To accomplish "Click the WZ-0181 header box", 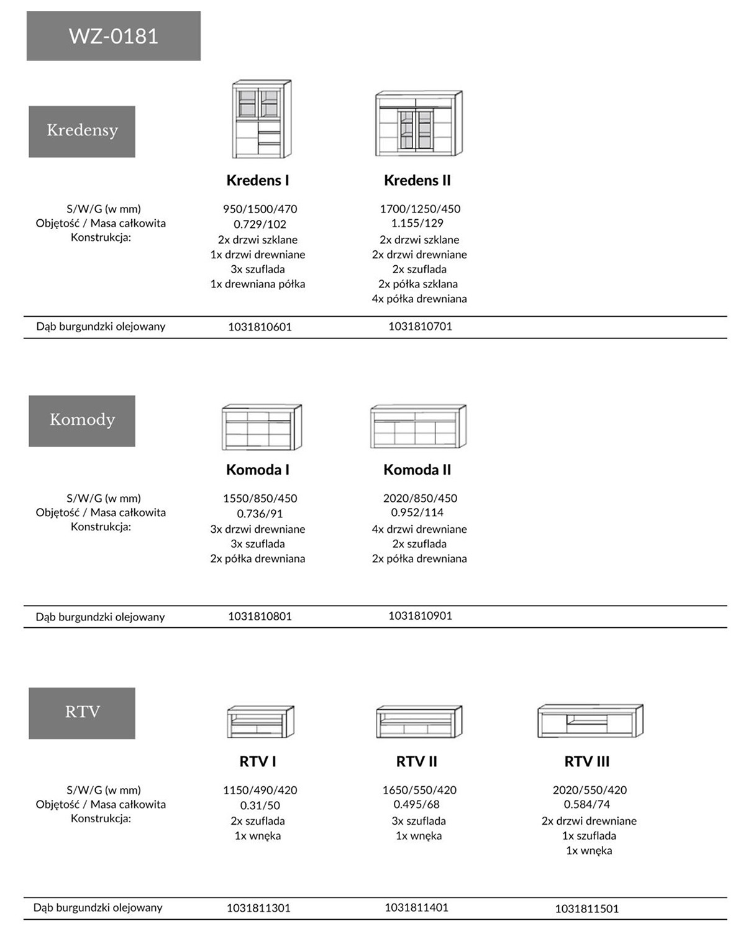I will click(x=113, y=36).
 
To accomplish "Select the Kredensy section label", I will click(x=82, y=131).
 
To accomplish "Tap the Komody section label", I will click(x=82, y=420).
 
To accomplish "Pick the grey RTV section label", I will click(x=82, y=712).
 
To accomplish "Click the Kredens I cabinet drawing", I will click(x=261, y=119).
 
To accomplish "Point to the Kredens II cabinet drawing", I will click(x=419, y=124).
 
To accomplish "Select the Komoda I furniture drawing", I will click(x=262, y=428).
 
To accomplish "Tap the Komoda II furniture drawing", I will click(x=418, y=427).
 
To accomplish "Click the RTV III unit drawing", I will click(x=590, y=721).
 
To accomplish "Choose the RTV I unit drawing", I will click(x=260, y=722).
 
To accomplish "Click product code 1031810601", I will click(x=260, y=327).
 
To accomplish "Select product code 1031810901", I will click(x=420, y=615).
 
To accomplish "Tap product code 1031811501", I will click(x=586, y=909).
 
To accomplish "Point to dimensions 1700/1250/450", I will click(x=420, y=209).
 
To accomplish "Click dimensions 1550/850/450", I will click(x=260, y=498).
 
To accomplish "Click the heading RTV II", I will click(x=416, y=761).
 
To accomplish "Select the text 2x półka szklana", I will click(x=417, y=284).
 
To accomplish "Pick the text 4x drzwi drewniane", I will click(x=419, y=529).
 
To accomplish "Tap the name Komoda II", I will click(x=417, y=470).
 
